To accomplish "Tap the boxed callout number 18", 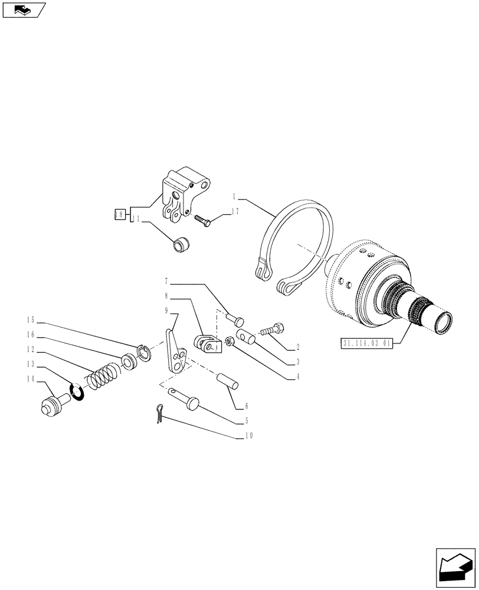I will point(119,214).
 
